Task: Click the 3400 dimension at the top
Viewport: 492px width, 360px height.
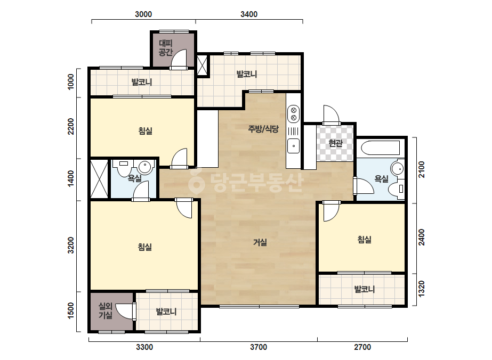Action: (x=249, y=14)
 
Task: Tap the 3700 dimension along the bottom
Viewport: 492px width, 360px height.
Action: (x=258, y=347)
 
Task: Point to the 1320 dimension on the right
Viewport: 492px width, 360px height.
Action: (x=422, y=289)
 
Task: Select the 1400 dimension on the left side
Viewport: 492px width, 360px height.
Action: (x=71, y=179)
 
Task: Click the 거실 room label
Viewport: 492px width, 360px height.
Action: (x=260, y=242)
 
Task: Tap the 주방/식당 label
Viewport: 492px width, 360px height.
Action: (x=263, y=129)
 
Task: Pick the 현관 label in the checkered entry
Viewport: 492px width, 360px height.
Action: (x=335, y=143)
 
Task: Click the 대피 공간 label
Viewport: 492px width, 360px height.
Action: (x=166, y=48)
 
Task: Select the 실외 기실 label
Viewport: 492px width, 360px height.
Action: (x=106, y=310)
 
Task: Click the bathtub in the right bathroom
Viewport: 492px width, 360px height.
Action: (x=381, y=148)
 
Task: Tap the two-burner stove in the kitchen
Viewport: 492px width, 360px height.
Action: (x=293, y=113)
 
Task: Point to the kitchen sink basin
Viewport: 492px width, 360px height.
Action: (x=293, y=146)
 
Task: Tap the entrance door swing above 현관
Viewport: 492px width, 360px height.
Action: (x=332, y=115)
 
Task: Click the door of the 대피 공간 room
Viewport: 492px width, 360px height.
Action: (x=179, y=60)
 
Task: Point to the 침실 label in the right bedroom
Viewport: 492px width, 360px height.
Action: (x=364, y=240)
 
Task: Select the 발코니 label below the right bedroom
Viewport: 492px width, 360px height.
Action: (x=364, y=289)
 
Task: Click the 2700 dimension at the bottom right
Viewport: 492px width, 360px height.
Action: (x=362, y=347)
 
